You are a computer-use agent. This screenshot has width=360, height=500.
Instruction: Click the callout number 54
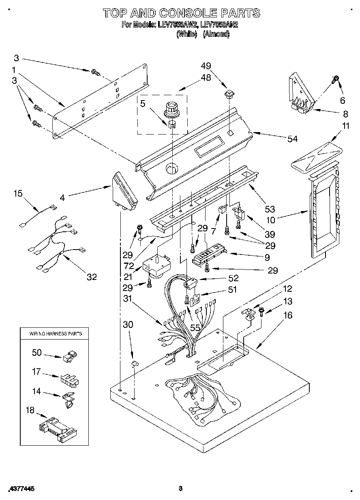[x=292, y=139]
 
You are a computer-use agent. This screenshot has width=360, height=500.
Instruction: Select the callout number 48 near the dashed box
[x=206, y=78]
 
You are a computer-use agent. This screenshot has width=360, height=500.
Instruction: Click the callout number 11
[x=345, y=126]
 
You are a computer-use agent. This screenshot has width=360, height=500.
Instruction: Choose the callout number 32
[x=92, y=277]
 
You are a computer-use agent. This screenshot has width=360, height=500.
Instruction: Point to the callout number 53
[x=270, y=209]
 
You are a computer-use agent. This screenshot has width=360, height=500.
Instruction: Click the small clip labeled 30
[x=134, y=364]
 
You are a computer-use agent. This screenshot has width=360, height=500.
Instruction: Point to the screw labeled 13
[x=261, y=312]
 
